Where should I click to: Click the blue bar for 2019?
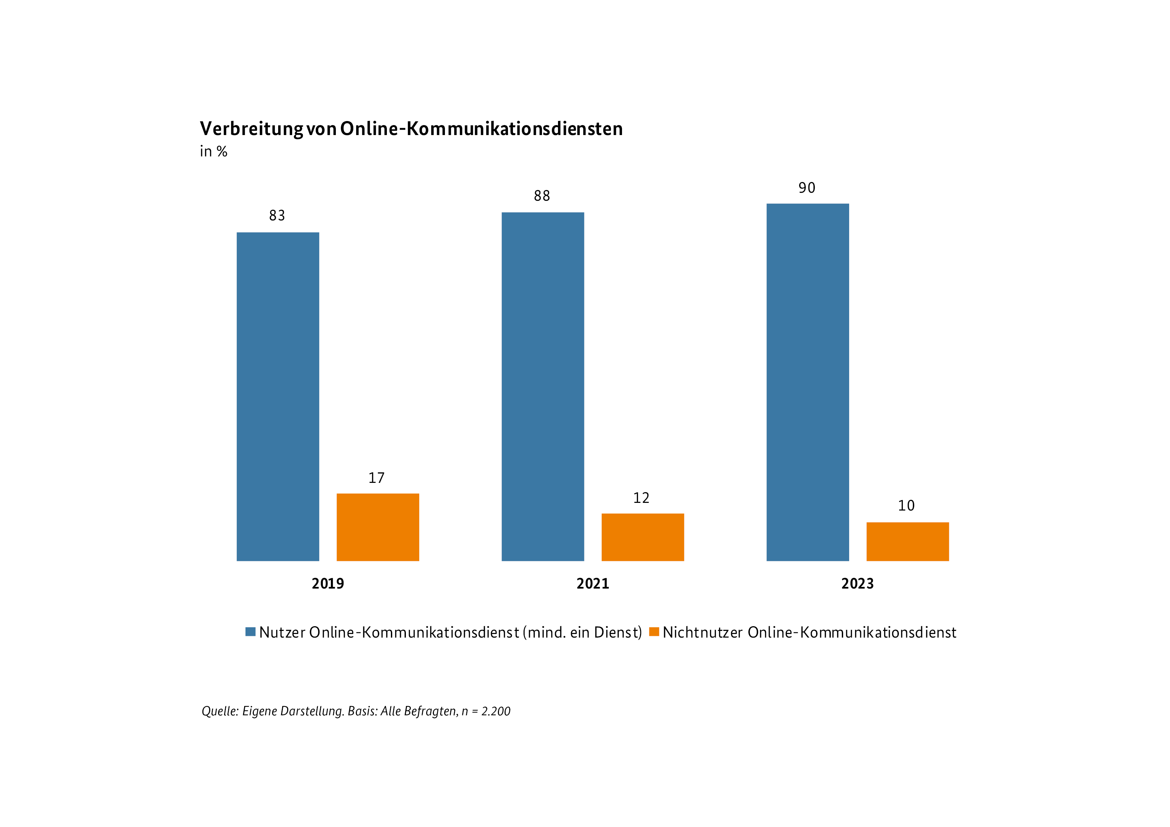[x=278, y=396]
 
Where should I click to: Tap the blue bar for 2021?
[x=543, y=386]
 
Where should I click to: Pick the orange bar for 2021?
[x=643, y=537]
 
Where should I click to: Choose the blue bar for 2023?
[x=808, y=382]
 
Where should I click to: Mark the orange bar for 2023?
[x=908, y=541]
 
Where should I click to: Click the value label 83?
[x=277, y=215]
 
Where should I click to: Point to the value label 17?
[x=377, y=478]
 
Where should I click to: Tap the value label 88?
[x=542, y=196]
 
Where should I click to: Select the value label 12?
[x=641, y=498]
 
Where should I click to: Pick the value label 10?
[x=906, y=506]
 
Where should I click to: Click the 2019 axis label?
[x=328, y=584]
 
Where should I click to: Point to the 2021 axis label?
[x=593, y=584]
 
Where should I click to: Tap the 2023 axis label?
[x=857, y=584]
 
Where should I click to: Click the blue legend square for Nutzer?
[x=250, y=632]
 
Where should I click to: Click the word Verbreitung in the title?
[x=251, y=129]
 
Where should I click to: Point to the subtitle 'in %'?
[x=213, y=152]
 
